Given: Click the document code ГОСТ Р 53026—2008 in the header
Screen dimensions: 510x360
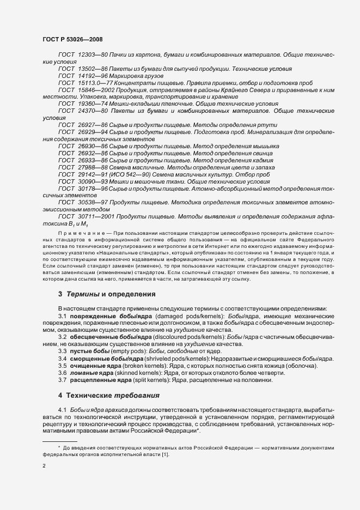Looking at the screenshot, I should click(x=72, y=40).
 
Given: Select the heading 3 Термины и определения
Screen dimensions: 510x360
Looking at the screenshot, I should click(x=107, y=294).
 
